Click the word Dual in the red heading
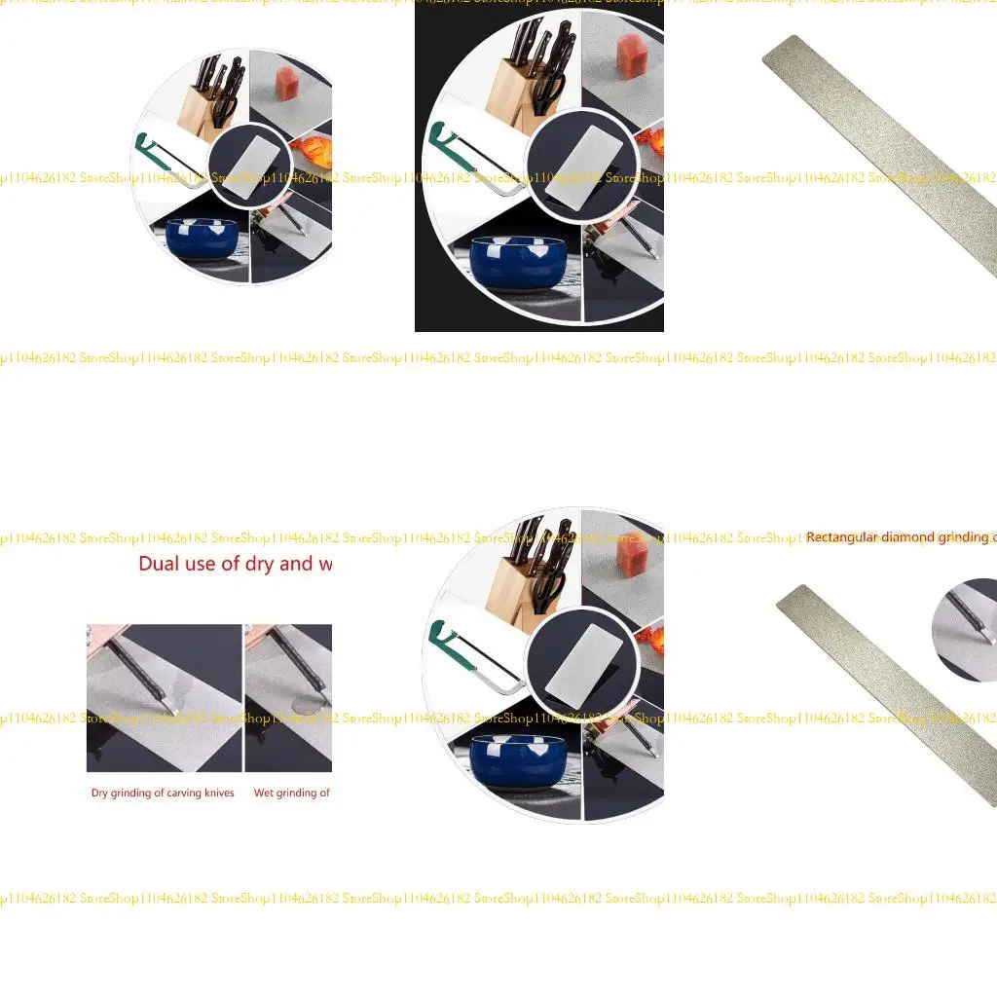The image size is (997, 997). tap(159, 564)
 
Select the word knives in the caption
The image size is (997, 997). tap(215, 793)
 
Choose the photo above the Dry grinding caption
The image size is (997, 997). tap(164, 698)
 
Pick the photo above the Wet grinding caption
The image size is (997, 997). tap(288, 698)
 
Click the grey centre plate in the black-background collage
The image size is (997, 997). tap(581, 166)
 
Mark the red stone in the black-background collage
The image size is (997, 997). tap(631, 55)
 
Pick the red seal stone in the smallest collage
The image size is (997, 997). tap(287, 85)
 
